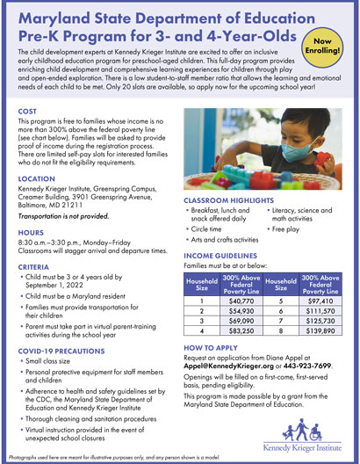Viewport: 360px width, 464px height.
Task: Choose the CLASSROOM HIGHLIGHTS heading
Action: click(226, 225)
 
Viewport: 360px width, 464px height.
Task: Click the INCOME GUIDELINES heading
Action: click(220, 281)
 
